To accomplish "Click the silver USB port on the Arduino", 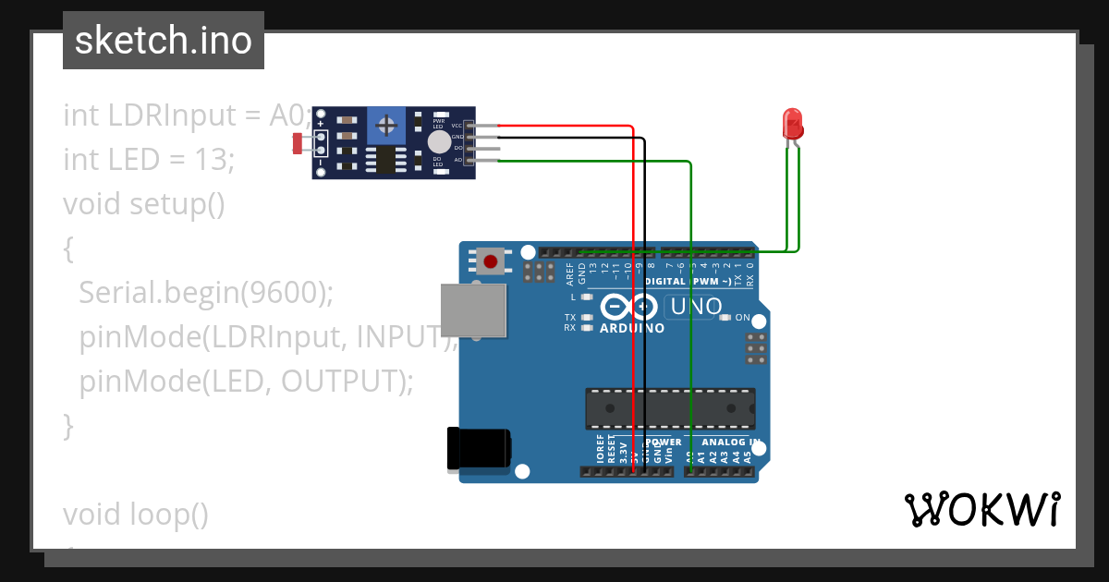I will (473, 310).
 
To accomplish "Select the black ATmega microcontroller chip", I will (669, 408).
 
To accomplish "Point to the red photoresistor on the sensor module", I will (299, 143).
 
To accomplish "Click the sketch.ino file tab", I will (164, 41).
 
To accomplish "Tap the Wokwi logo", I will (981, 510).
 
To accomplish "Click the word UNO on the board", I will (696, 306).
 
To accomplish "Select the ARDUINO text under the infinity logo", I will (631, 328).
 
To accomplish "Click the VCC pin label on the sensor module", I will (457, 125).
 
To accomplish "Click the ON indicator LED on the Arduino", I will (726, 317).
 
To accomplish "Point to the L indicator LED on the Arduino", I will (587, 297).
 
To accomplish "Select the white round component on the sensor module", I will (439, 141).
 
